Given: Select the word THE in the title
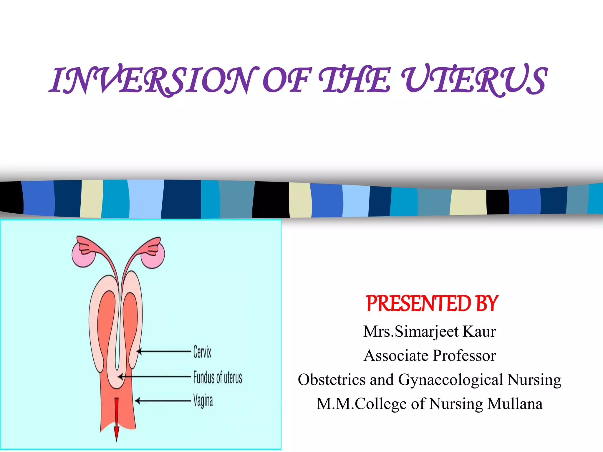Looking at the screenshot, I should (355, 80).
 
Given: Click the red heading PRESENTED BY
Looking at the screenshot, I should (432, 304).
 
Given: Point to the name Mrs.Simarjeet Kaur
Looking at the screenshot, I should (430, 331).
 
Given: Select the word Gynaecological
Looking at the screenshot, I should (450, 380).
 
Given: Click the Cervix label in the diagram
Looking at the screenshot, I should (202, 352).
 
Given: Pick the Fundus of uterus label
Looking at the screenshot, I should (218, 378).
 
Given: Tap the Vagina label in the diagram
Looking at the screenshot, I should (203, 401).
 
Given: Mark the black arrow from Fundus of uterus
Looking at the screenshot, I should (155, 377).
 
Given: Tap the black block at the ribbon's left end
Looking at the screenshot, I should (11, 197).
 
